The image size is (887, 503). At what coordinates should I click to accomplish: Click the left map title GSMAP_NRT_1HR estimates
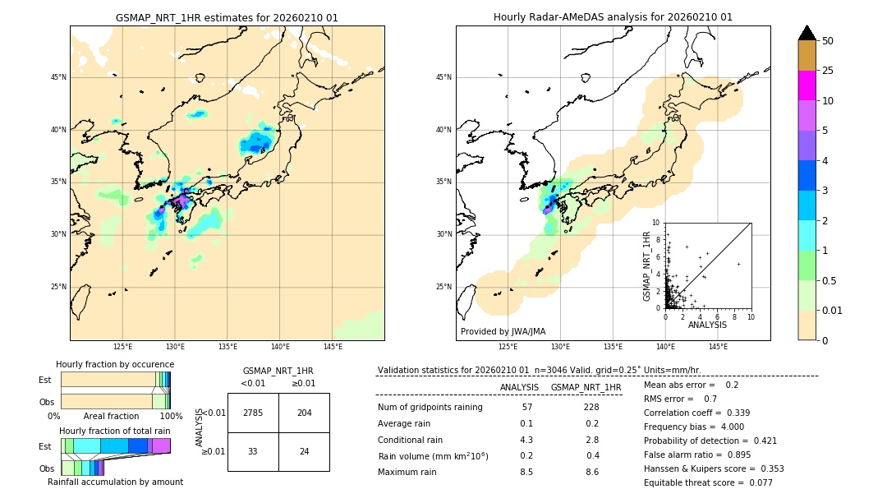(x=227, y=17)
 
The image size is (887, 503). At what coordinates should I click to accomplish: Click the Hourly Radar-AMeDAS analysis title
(x=613, y=17)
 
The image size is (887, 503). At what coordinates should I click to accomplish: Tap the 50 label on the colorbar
(x=828, y=41)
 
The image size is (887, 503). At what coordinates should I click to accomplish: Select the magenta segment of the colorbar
(x=807, y=85)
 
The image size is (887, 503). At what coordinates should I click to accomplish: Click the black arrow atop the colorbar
(x=807, y=33)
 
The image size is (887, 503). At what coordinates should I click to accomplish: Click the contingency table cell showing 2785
(x=253, y=413)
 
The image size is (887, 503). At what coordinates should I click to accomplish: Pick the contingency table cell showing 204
(x=304, y=413)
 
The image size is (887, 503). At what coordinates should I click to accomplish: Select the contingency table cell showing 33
(x=253, y=451)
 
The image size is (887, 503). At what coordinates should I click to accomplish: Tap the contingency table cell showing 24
(x=304, y=451)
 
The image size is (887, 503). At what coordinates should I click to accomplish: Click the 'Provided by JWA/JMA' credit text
(x=503, y=331)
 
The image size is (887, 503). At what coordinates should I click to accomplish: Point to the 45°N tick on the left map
(x=58, y=77)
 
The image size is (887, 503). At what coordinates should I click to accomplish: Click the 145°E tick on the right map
(x=718, y=347)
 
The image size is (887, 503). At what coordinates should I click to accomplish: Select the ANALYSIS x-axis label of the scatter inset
(x=707, y=325)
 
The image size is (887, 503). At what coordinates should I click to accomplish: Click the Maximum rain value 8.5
(x=526, y=472)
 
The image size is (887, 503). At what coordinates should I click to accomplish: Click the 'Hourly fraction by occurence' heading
(x=115, y=364)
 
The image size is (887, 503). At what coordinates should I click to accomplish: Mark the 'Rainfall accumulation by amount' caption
(x=115, y=482)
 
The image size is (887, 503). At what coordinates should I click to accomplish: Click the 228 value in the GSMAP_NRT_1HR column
(x=591, y=407)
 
